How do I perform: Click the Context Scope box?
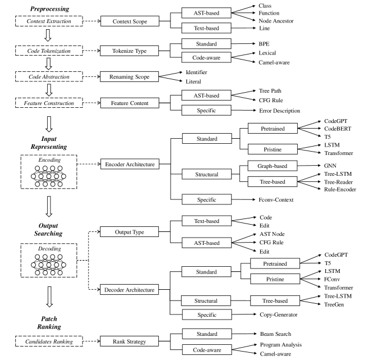coord(128,21)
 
